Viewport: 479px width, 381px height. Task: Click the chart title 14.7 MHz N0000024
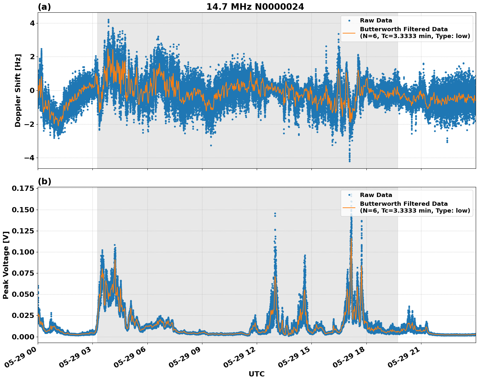click(x=255, y=7)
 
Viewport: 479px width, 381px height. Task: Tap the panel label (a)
click(x=44, y=7)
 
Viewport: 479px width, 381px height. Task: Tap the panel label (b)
click(x=44, y=181)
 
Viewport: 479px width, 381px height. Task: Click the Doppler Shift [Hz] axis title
click(x=18, y=90)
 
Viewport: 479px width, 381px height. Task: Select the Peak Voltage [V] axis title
click(x=6, y=265)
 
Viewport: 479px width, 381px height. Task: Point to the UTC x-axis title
click(x=256, y=374)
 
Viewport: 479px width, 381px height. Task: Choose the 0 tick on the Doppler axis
click(x=33, y=90)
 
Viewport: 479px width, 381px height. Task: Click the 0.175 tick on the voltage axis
click(x=23, y=189)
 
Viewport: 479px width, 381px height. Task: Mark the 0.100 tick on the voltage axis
click(x=23, y=252)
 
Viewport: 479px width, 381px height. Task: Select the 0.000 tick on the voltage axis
click(x=23, y=337)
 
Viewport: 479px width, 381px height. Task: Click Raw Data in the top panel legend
click(x=376, y=20)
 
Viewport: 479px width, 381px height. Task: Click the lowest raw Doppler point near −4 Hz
click(x=349, y=161)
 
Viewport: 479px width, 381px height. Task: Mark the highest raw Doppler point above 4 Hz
click(x=108, y=20)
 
